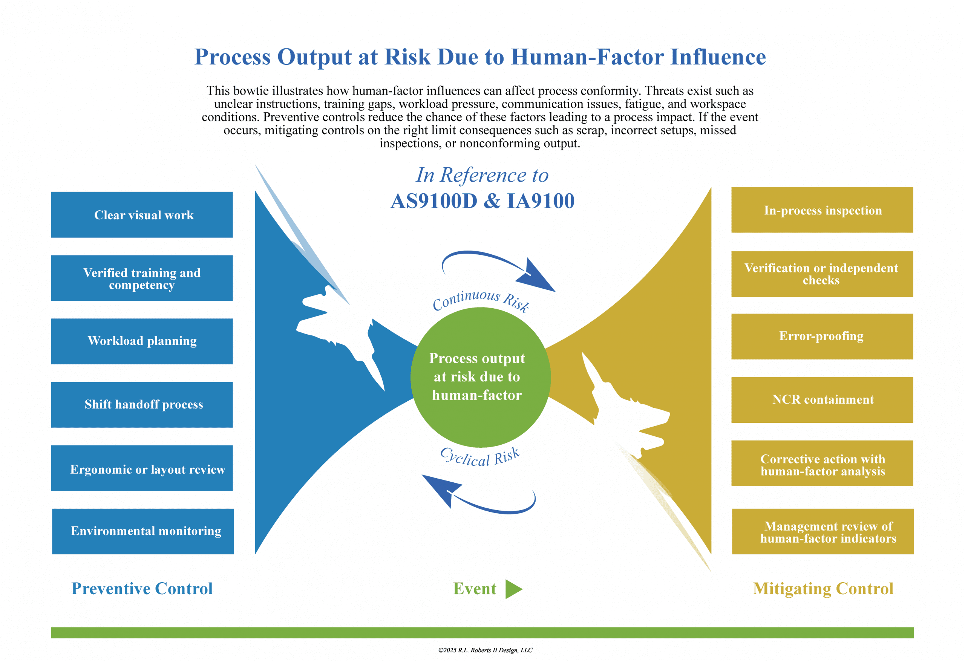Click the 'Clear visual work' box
[142, 215]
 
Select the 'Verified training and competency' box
[142, 278]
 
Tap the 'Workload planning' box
[142, 341]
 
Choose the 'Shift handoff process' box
[142, 405]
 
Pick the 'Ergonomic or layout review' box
[142, 468]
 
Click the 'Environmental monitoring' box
[143, 531]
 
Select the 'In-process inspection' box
[822, 210]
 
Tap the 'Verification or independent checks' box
[822, 274]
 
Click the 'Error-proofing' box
[822, 336]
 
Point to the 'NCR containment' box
[822, 400]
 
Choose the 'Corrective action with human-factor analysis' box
[822, 464]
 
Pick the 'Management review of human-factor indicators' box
[823, 531]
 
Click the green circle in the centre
[480, 377]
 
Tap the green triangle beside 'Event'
[513, 589]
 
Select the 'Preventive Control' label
[142, 588]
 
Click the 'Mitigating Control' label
[823, 589]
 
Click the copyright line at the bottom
[485, 650]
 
